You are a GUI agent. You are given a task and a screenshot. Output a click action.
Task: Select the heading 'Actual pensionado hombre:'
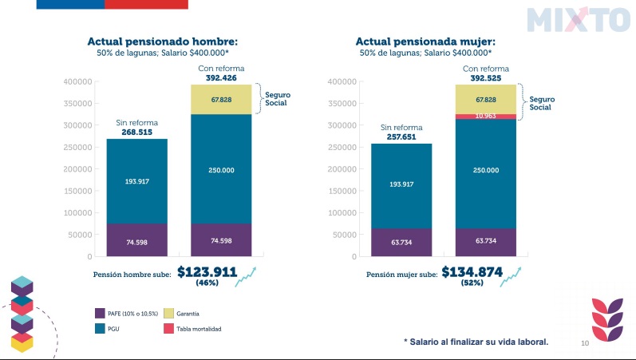coord(162,42)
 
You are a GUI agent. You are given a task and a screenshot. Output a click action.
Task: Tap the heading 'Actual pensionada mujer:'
coord(425,42)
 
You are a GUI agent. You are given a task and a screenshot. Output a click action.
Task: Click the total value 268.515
coord(137,133)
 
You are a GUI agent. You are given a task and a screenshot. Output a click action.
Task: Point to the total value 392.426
coord(221,78)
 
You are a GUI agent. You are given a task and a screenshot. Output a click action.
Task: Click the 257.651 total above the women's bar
coord(401,137)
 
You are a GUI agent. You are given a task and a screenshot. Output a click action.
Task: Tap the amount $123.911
coord(207,272)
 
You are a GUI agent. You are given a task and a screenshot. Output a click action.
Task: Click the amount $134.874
coord(472,272)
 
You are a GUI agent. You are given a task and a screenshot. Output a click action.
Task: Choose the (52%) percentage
coord(472,283)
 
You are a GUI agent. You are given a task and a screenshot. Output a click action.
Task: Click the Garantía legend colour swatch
coord(168,314)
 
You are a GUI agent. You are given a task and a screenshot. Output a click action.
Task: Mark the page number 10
coord(584,343)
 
